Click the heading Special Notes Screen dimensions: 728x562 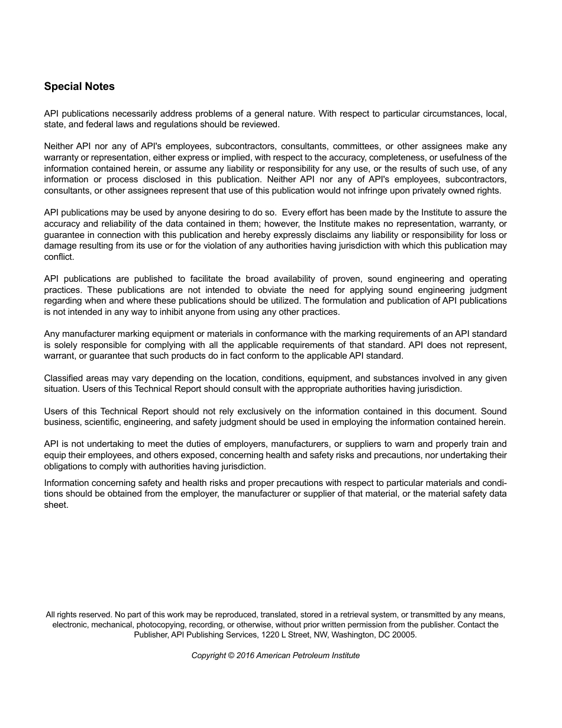(x=79, y=86)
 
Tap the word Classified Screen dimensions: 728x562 (x=63, y=378)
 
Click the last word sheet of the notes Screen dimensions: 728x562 (x=56, y=505)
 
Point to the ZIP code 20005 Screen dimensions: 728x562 (x=405, y=634)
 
